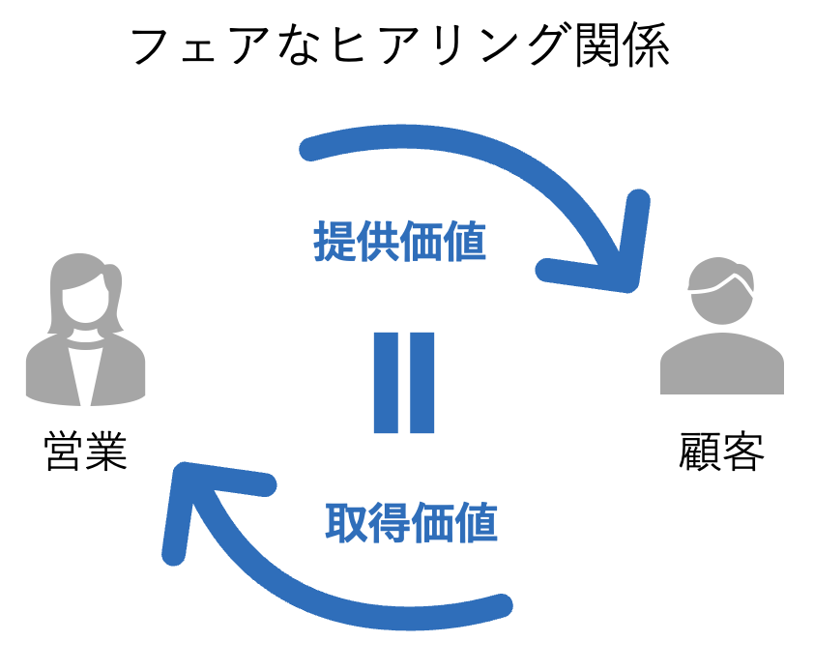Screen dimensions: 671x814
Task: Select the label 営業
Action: tap(85, 452)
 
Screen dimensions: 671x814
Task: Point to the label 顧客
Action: tap(721, 452)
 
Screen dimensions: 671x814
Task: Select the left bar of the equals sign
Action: tap(385, 382)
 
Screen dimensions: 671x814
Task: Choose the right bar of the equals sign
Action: tap(422, 382)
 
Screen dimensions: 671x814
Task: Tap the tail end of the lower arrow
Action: tap(500, 607)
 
